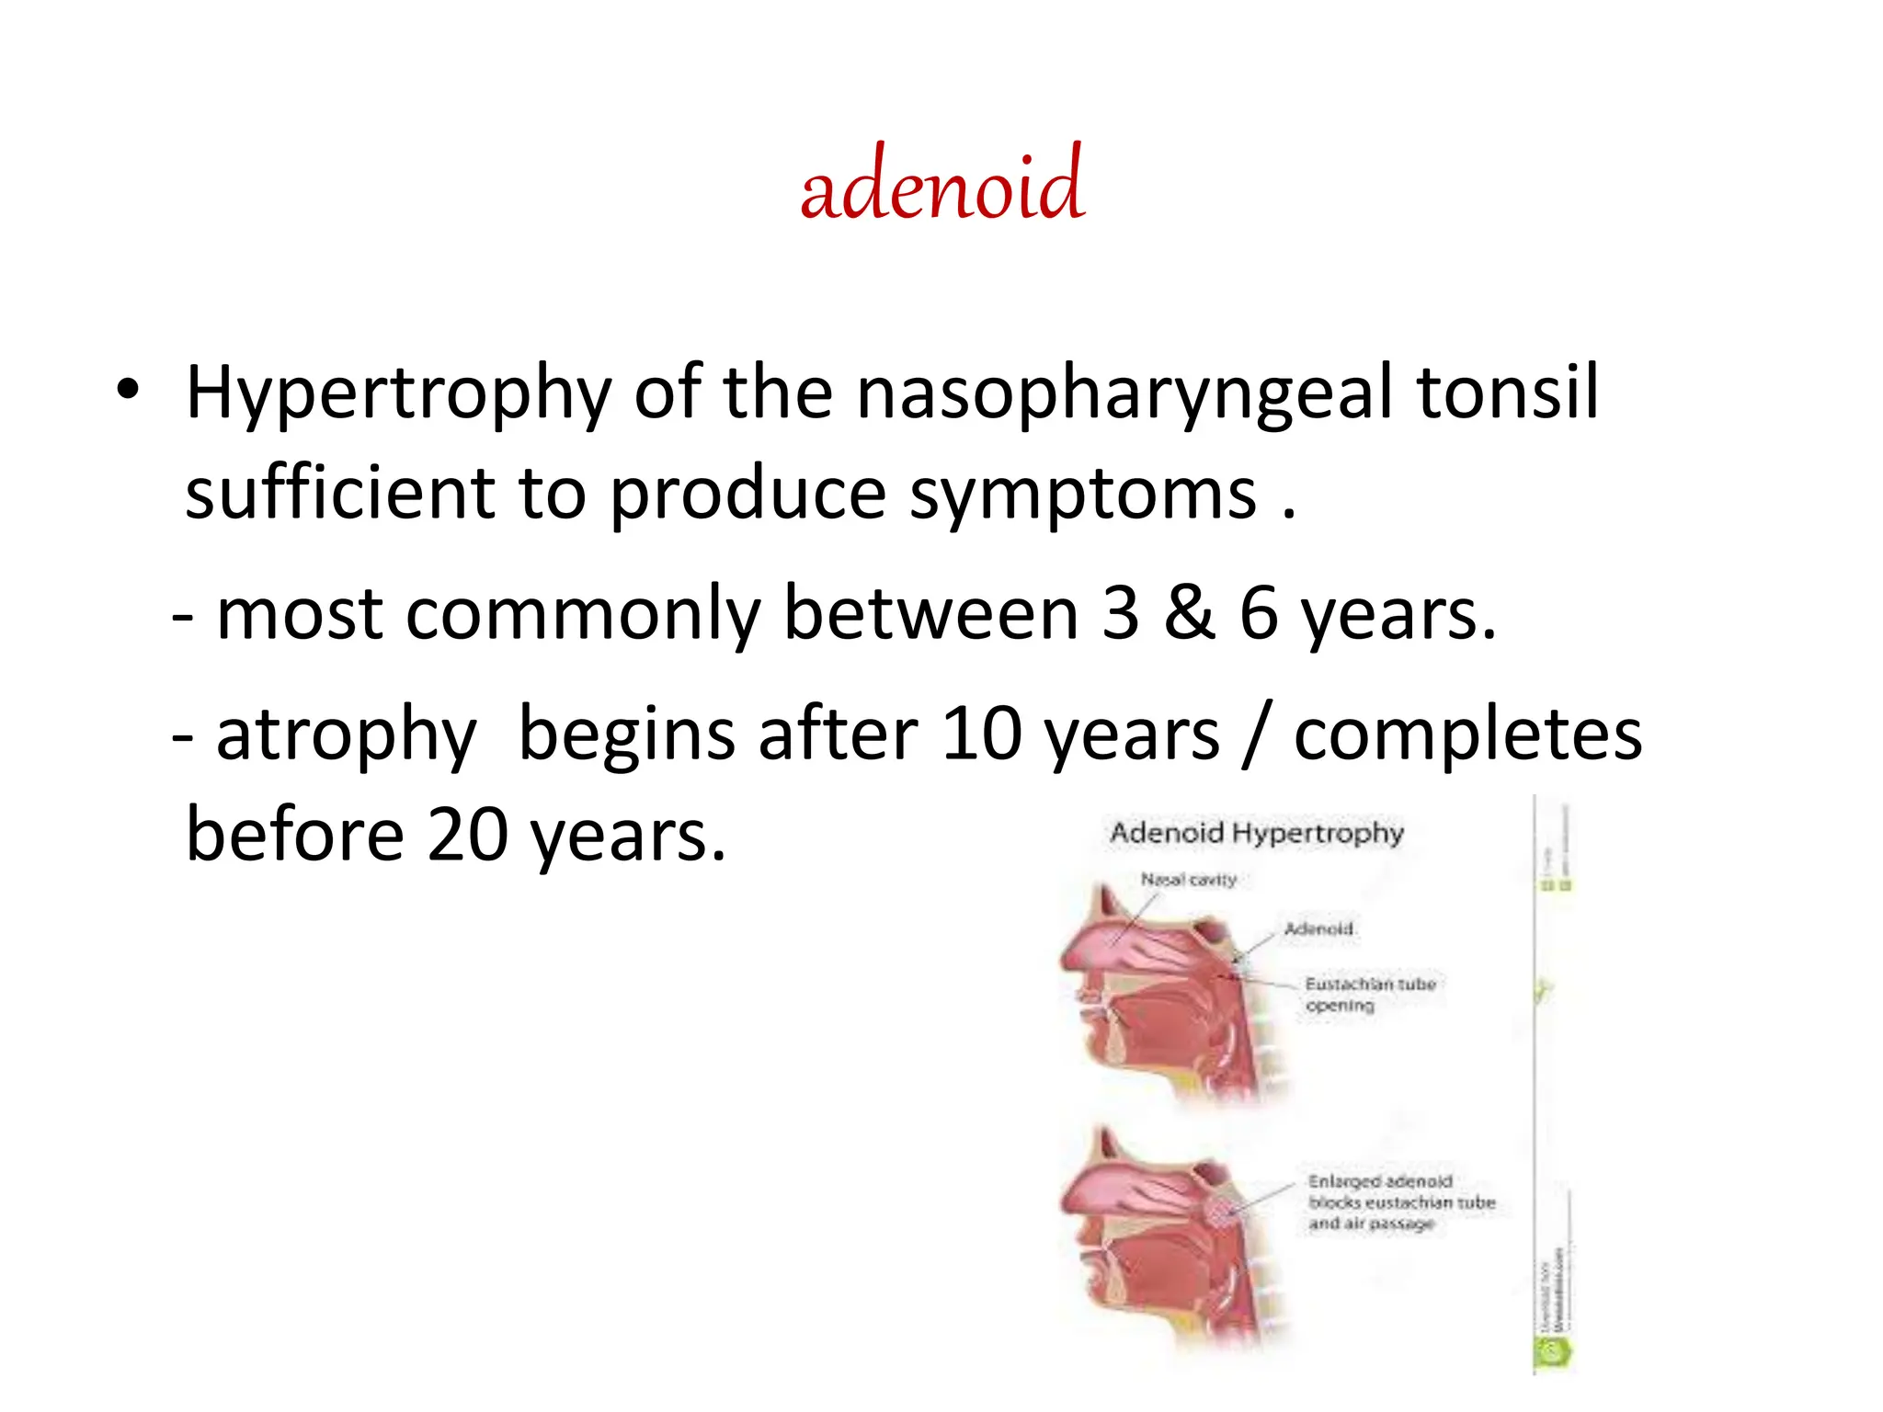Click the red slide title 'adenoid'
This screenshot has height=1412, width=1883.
point(941,187)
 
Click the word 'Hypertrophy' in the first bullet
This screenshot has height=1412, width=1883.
point(398,393)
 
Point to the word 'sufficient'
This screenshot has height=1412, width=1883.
point(339,493)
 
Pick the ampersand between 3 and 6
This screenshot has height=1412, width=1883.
point(1189,614)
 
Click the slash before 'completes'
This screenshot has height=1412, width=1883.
point(1255,735)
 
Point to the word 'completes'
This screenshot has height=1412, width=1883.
point(1467,735)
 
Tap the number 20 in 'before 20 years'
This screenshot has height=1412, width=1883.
point(467,835)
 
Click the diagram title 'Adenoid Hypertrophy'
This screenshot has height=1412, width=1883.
point(1256,833)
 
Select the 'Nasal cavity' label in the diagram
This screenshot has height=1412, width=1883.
point(1188,880)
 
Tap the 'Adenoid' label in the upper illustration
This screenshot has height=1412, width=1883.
point(1318,928)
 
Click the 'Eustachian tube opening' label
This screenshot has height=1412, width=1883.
point(1369,994)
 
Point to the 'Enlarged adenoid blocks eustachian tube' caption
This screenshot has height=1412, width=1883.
point(1400,1201)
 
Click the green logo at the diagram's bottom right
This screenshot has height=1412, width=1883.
point(1553,1351)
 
